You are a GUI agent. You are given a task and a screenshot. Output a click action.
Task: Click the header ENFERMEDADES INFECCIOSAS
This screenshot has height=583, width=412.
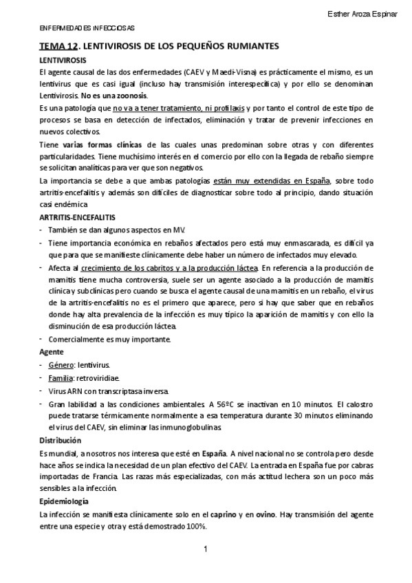click(86, 28)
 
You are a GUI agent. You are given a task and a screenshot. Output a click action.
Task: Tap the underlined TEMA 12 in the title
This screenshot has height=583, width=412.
click(58, 46)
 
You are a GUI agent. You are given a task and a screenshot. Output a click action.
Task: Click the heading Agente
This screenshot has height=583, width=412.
click(52, 351)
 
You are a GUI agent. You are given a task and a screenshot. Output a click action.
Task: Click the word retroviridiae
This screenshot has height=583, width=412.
click(101, 377)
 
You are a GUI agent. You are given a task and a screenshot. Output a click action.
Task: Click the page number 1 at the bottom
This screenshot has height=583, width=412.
click(206, 549)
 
